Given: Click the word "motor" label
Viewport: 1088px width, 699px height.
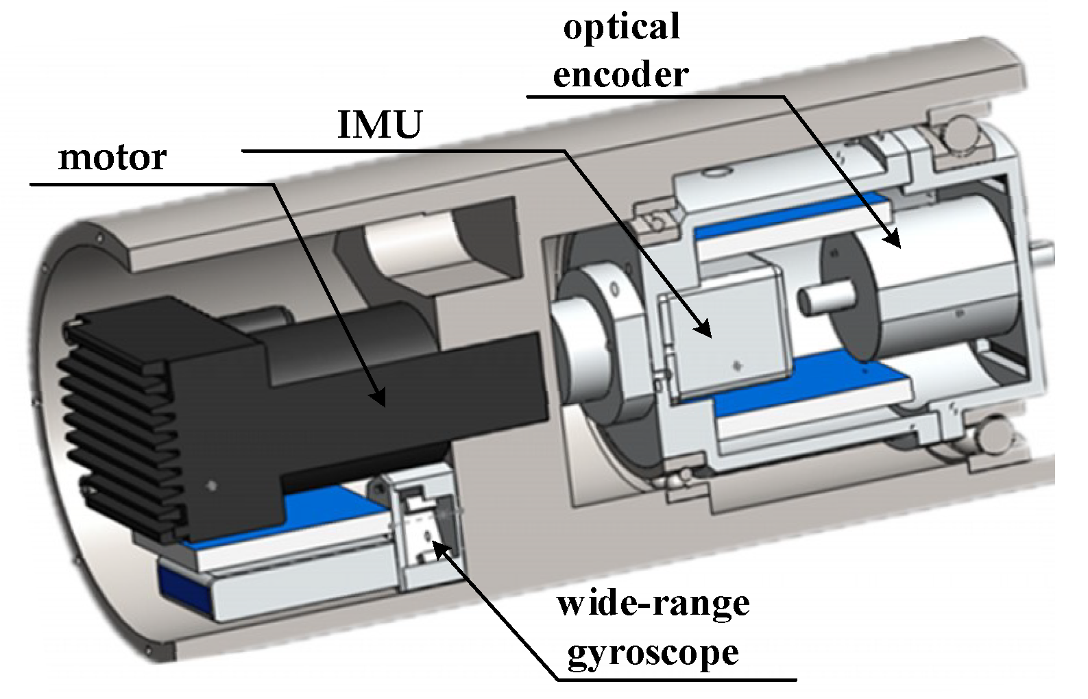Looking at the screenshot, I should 112,158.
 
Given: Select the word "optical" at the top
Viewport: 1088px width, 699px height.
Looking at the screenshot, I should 621,28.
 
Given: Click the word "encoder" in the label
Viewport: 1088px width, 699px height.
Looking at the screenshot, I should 620,74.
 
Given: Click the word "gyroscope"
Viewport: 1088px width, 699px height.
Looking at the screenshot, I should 653,652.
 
